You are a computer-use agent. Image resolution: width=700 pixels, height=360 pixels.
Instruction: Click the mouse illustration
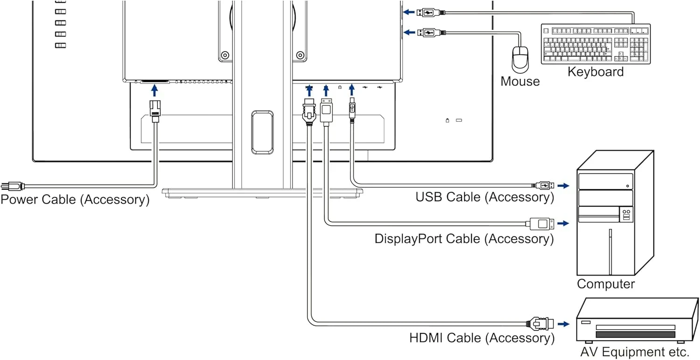520,59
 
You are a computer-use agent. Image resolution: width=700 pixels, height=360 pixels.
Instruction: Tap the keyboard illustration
595,44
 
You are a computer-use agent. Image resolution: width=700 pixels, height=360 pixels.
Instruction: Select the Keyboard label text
595,72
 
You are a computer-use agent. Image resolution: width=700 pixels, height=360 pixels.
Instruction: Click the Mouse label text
520,81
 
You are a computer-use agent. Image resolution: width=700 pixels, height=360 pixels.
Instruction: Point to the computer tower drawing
614,213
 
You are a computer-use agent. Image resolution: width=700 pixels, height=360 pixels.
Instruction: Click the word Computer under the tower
606,284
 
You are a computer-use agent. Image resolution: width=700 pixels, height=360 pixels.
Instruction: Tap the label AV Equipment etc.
635,351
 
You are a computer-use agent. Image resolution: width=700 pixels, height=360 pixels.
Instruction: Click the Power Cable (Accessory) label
75,199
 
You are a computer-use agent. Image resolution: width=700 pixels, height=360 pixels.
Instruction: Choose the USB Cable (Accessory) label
484,197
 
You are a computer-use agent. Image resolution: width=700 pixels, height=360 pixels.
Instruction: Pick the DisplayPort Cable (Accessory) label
464,239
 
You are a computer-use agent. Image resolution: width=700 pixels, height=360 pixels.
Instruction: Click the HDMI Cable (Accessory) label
482,338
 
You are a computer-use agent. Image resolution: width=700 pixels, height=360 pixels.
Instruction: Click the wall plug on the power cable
11,186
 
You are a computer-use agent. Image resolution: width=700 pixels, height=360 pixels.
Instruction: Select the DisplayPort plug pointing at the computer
541,224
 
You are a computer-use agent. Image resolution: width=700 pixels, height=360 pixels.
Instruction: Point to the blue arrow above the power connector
154,91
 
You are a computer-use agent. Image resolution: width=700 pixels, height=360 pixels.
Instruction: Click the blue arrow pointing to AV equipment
564,324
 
